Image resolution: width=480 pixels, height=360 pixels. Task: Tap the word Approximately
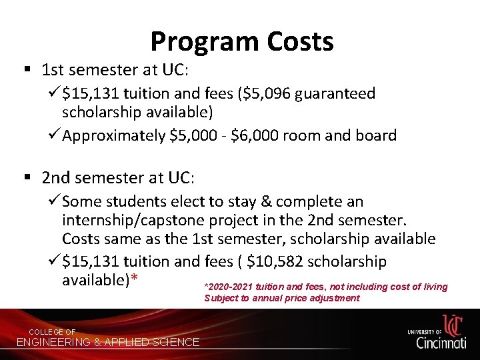tap(114, 136)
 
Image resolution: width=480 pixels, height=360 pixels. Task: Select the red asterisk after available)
tap(134, 281)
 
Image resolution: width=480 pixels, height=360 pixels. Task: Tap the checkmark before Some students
tap(53, 201)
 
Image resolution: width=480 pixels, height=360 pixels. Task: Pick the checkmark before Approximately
tap(53, 135)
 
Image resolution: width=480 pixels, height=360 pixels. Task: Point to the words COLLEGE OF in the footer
tap(52, 332)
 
